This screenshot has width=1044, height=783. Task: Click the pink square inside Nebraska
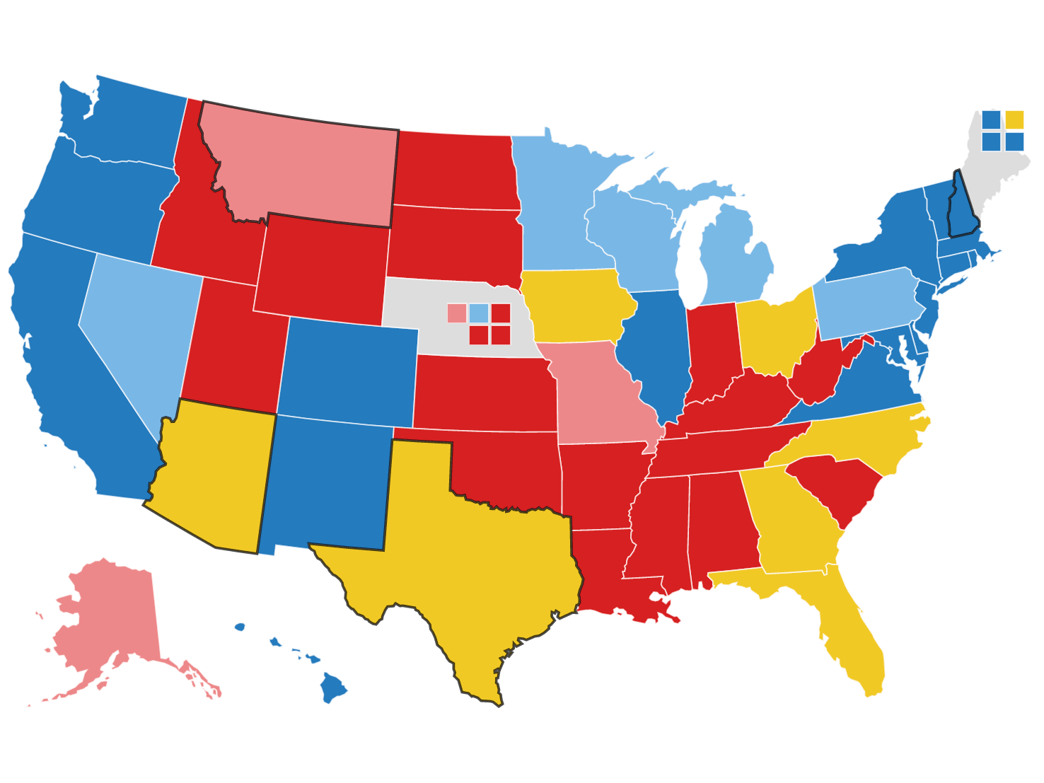(x=457, y=313)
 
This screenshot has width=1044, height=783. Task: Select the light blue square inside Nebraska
(x=479, y=313)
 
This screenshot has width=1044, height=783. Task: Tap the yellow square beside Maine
(x=1014, y=120)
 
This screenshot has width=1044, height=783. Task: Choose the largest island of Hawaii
(x=332, y=686)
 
